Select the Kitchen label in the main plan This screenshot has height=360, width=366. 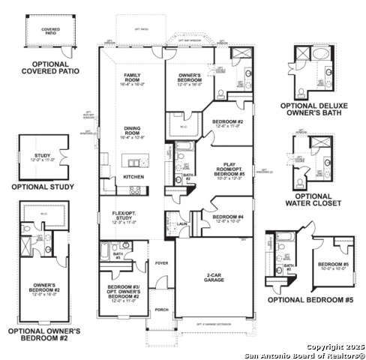coord(133,176)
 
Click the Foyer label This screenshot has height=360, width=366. coord(161,263)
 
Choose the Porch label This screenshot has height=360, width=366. coord(161,308)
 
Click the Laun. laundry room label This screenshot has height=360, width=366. coord(182,222)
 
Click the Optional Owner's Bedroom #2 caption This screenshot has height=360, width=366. coord(43,334)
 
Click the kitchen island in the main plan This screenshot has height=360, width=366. coord(136,161)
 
